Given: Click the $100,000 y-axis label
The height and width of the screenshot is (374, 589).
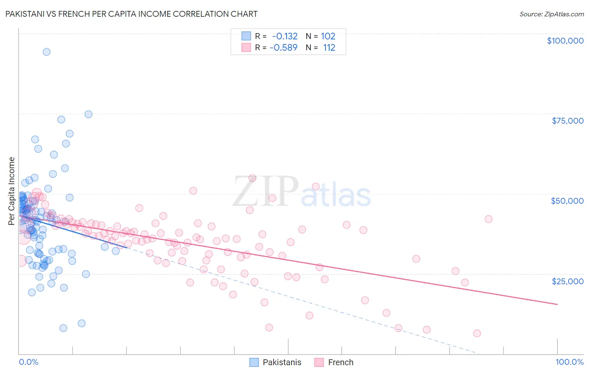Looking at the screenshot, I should (565, 41).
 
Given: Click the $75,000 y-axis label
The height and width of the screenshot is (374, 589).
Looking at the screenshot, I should (567, 121).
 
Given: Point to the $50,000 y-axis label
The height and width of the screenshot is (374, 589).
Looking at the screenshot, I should (567, 201).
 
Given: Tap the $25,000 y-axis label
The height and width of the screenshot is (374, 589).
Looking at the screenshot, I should (567, 281).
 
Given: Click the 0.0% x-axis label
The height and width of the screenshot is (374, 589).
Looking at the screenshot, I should (28, 362).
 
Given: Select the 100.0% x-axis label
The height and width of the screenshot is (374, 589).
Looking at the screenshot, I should (569, 362).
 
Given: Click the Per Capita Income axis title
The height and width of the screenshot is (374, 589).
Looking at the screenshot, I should (12, 191).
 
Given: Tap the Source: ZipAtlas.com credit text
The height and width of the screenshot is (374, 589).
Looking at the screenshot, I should (551, 14).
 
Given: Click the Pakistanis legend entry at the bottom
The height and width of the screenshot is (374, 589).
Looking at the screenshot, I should (282, 362).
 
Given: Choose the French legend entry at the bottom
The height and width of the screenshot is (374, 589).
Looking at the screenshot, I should (340, 362).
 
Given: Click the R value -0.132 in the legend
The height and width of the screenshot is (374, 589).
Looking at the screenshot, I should (284, 36).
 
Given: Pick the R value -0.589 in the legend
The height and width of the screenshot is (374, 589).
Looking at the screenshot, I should (284, 47).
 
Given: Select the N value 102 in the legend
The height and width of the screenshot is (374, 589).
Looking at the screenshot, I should (328, 36).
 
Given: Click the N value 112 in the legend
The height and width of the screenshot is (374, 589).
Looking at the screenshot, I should (329, 47).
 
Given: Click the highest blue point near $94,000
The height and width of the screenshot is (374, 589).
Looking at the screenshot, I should (46, 52).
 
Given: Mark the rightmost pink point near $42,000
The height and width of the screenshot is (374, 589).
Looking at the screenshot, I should (488, 219).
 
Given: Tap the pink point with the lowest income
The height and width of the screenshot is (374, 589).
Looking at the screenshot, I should (477, 333).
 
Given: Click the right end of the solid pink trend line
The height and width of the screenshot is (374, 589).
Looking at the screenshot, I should (557, 304).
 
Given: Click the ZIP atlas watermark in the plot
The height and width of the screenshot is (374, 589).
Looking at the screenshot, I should (302, 192).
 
